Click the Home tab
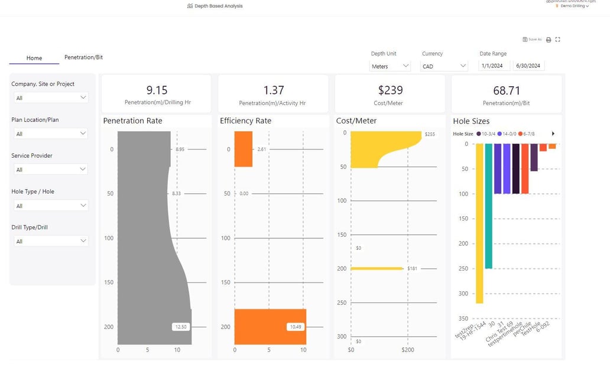(34, 58)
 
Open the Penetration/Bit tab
(83, 57)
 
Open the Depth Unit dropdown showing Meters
(390, 66)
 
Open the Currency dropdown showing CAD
(444, 66)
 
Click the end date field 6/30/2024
(528, 66)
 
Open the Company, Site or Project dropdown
(50, 97)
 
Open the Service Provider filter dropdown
(50, 170)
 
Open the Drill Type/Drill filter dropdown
(50, 241)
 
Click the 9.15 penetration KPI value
(157, 90)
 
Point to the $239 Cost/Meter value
(390, 90)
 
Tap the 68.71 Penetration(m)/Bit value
(507, 90)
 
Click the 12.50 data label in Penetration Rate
(180, 327)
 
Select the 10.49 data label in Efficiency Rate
(296, 327)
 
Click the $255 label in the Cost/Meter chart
(430, 135)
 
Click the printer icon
(549, 40)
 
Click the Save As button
(532, 40)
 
